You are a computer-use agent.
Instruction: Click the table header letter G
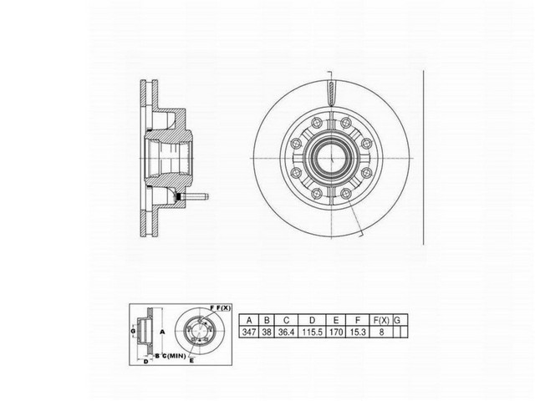[x=398, y=320]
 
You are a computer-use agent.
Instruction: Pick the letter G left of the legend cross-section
[x=132, y=332]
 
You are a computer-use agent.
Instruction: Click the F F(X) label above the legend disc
[x=218, y=308]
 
